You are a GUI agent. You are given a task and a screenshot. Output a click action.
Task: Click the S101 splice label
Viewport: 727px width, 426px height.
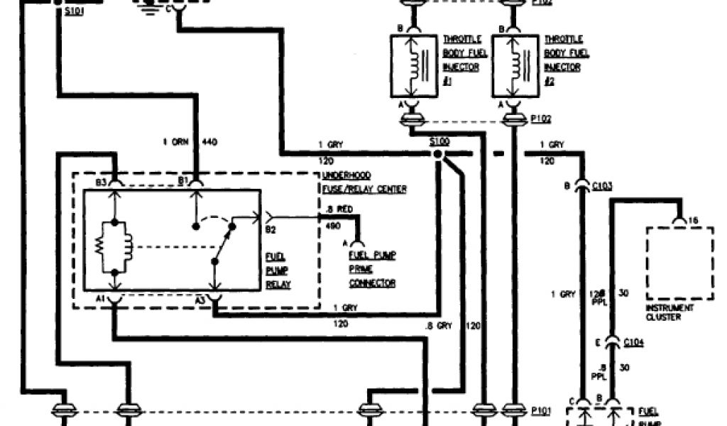(72, 13)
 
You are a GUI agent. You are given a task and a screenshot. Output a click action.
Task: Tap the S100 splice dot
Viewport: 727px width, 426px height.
(439, 153)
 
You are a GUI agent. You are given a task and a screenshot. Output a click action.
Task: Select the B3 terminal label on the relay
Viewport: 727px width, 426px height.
(102, 182)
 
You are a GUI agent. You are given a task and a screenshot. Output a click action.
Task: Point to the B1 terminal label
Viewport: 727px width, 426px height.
(183, 182)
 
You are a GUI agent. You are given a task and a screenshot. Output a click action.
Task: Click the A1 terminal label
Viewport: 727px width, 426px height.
(101, 300)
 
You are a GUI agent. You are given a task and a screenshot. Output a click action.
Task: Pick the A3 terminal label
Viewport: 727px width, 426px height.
(201, 300)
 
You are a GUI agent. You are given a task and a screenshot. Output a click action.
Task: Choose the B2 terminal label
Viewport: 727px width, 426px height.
(270, 229)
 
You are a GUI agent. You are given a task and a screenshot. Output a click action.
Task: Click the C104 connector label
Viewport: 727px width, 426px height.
(633, 343)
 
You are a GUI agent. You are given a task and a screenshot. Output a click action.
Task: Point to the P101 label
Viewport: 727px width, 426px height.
(540, 410)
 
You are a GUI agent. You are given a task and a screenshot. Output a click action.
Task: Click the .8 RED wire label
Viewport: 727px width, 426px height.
(337, 211)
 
